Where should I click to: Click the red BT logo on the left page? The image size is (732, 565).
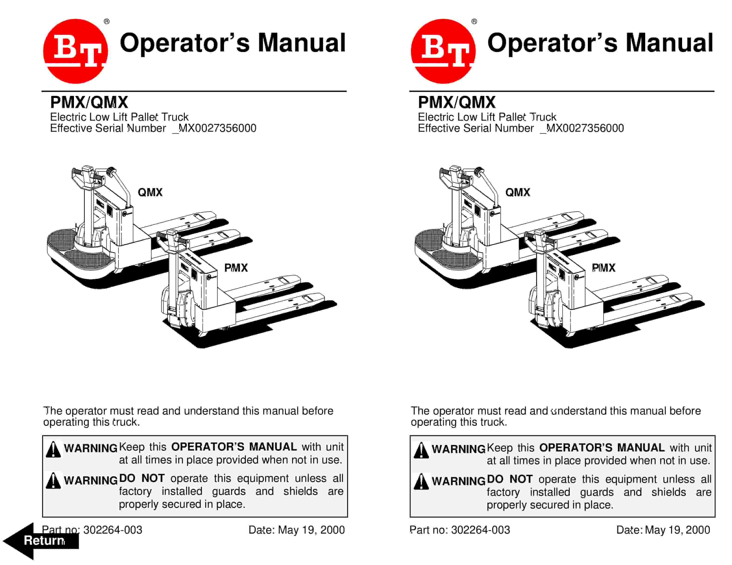click(x=75, y=51)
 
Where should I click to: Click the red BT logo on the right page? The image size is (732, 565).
click(x=443, y=51)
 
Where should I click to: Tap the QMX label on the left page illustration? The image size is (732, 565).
click(x=150, y=192)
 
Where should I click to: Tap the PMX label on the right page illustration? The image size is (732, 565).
click(x=603, y=268)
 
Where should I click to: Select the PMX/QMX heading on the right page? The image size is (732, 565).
click(x=457, y=102)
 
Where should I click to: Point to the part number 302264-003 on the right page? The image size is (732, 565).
click(x=480, y=530)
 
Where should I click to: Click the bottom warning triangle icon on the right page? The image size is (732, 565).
click(x=421, y=482)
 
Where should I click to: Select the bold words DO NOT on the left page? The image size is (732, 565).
click(x=142, y=478)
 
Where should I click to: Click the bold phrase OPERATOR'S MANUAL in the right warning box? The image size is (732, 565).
click(x=602, y=448)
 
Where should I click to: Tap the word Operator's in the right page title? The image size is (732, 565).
click(x=552, y=43)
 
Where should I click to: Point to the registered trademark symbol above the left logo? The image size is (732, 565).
click(x=107, y=22)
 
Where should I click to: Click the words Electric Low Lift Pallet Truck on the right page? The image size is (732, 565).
click(x=487, y=117)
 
